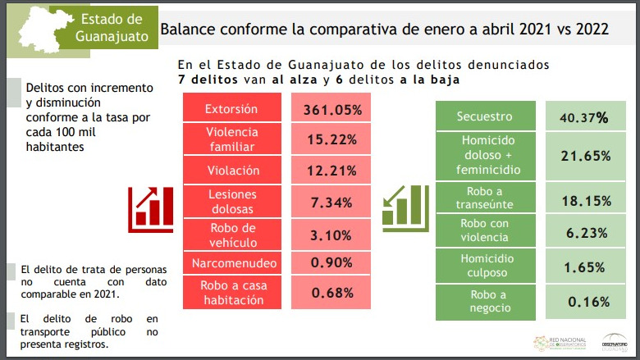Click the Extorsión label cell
point(231,109)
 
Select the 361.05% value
point(333,109)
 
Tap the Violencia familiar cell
point(231,139)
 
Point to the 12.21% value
point(333,171)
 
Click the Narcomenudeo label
point(231,263)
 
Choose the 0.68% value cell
point(333,293)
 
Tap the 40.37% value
point(583,116)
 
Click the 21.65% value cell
point(583,155)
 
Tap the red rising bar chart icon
point(150,206)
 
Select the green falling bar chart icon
point(405,206)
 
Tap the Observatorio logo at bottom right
point(615,341)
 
